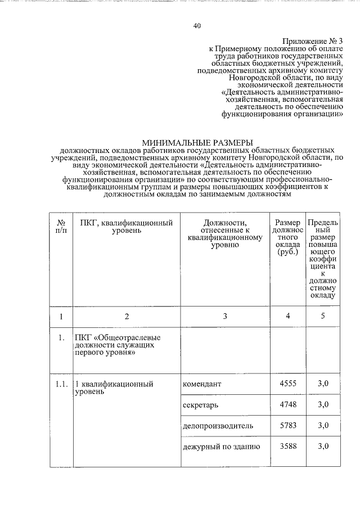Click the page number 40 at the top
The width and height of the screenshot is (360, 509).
(x=196, y=26)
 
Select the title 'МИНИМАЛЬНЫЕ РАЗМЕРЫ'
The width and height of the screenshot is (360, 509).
(x=197, y=143)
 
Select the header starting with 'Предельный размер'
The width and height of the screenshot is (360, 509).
(x=322, y=258)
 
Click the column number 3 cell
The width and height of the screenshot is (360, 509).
(x=224, y=316)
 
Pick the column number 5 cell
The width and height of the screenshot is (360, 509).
(x=322, y=316)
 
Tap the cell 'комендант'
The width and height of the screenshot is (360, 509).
(x=202, y=384)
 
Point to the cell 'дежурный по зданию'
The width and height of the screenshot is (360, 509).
(x=221, y=447)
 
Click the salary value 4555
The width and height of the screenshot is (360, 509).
(x=287, y=384)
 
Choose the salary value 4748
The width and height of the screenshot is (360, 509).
(x=287, y=405)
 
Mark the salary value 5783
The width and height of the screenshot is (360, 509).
(x=287, y=426)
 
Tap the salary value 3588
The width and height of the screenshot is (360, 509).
(x=287, y=447)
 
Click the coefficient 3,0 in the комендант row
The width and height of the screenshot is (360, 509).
(x=322, y=384)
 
